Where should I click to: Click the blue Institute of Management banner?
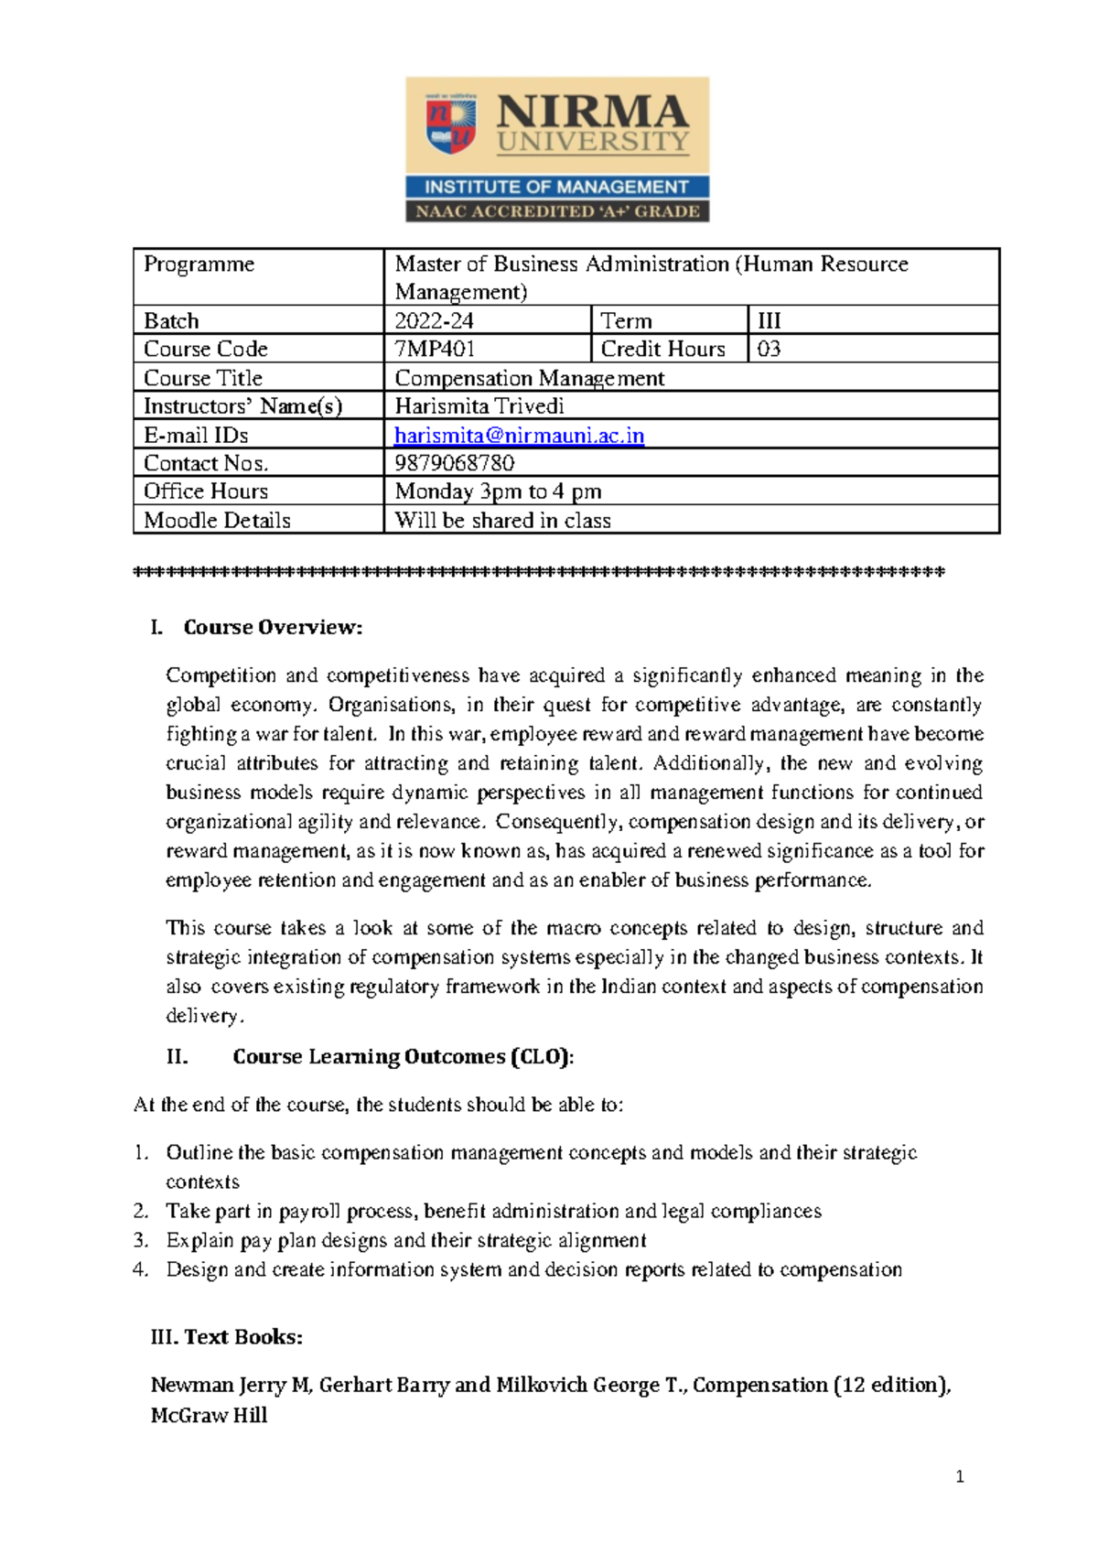pos(556,188)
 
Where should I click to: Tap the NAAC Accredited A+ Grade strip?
pos(556,211)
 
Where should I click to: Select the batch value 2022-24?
pos(434,321)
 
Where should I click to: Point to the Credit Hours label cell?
pos(662,350)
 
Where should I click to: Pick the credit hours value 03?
pos(769,350)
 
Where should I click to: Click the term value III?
pos(769,321)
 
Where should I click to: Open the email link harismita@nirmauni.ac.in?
pos(519,436)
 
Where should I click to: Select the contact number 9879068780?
pos(454,463)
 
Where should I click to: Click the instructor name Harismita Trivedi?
pos(479,406)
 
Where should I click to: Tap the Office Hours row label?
pos(206,491)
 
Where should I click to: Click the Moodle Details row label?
pos(217,521)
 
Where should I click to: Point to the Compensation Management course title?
pos(529,378)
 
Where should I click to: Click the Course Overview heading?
pos(273,628)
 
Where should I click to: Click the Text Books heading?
pos(242,1337)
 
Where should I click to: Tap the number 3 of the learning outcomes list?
pos(140,1241)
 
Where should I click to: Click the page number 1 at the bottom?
pos(959,1476)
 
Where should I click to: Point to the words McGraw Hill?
pos(209,1416)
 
